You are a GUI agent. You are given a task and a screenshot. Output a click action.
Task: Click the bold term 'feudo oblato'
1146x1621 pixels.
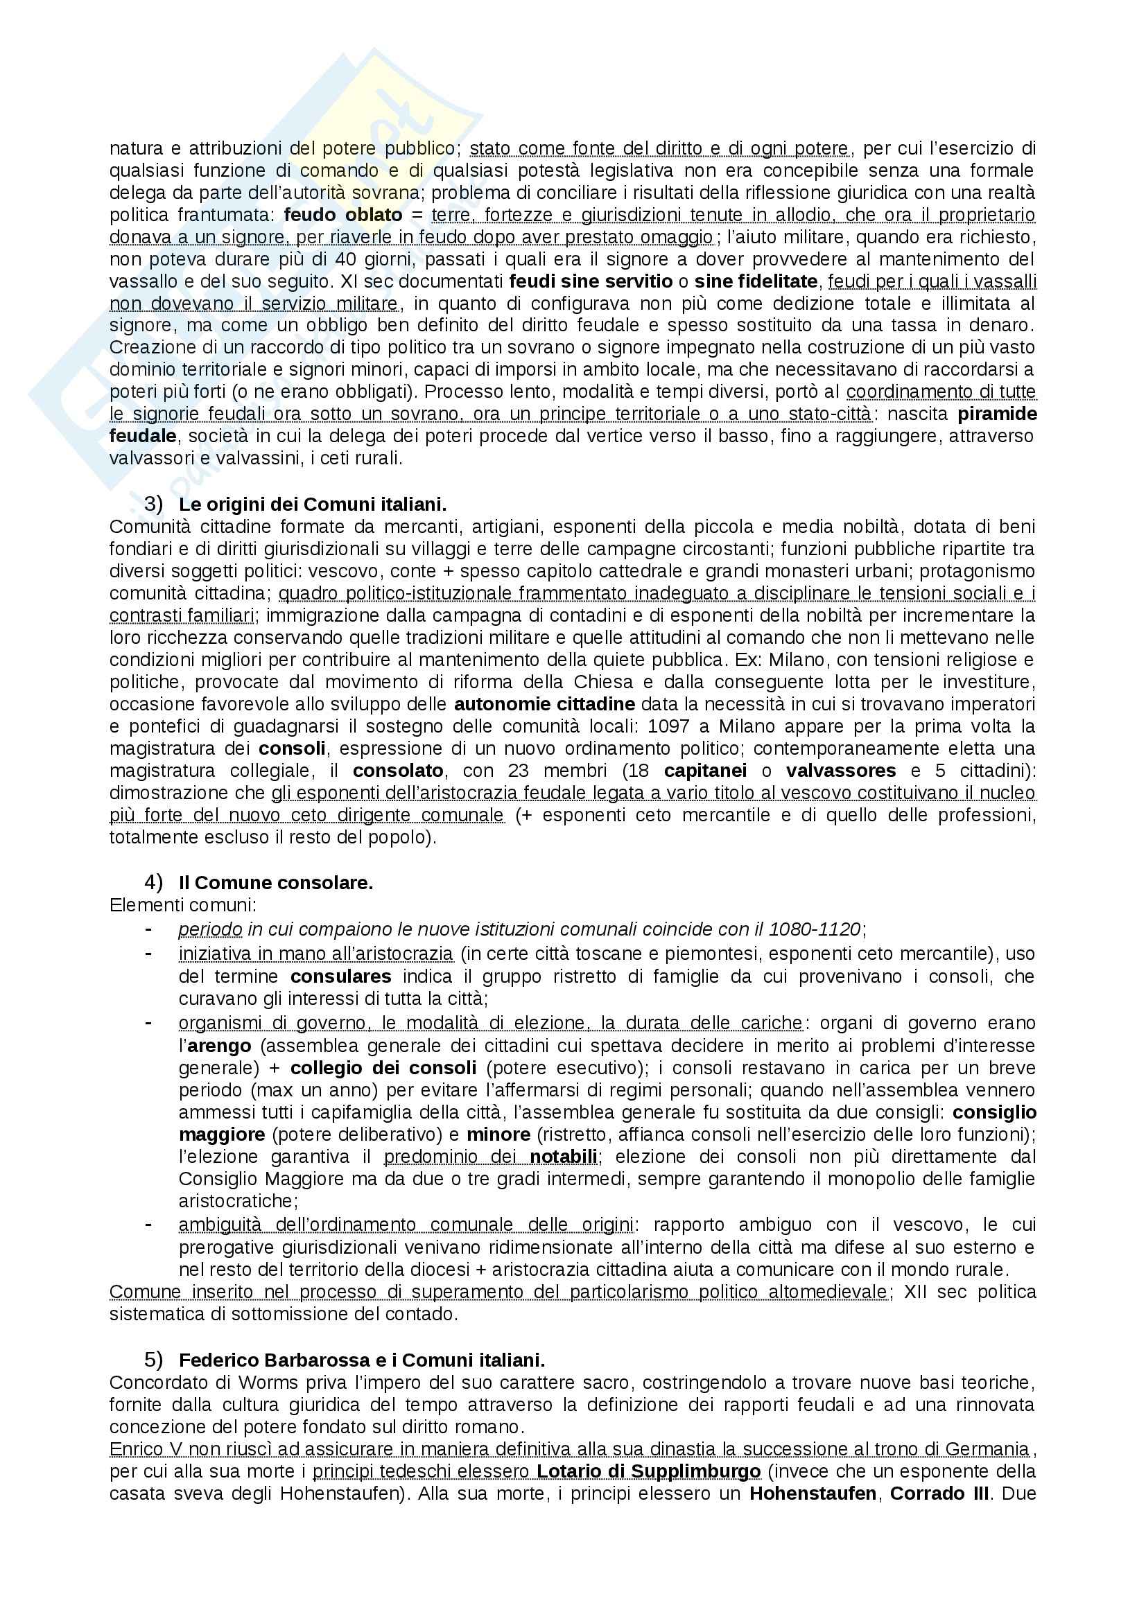click(343, 215)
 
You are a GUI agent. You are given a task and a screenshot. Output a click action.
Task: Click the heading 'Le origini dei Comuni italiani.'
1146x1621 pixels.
click(313, 505)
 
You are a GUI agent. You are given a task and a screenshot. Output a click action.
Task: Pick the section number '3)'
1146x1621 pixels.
click(153, 504)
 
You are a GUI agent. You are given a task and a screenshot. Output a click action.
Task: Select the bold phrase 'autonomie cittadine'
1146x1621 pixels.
click(544, 704)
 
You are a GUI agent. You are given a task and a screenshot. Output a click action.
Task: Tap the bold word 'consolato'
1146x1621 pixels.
click(398, 770)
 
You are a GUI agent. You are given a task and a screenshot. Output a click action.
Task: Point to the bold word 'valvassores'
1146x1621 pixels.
click(841, 770)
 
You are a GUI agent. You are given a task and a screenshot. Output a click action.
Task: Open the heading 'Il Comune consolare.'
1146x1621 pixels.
click(276, 883)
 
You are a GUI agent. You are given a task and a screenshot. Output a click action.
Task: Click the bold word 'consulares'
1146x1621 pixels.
click(341, 977)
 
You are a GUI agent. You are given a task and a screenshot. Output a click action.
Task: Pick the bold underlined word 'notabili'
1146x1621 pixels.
click(564, 1157)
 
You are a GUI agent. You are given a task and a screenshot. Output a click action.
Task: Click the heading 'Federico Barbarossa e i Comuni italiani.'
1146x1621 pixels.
click(361, 1360)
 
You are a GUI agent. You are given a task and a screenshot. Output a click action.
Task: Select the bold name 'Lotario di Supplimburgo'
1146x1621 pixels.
click(648, 1472)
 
